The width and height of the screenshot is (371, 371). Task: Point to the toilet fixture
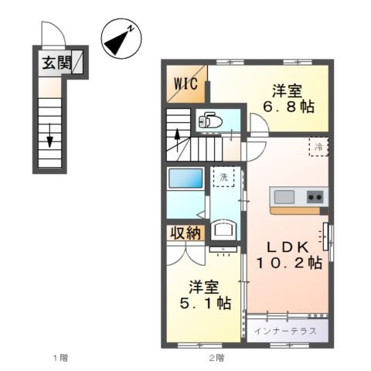(x=210, y=121)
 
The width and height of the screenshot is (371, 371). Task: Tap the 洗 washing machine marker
(x=223, y=177)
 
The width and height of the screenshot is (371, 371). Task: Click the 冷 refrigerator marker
(x=318, y=145)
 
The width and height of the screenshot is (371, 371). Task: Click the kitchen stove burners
(x=315, y=196)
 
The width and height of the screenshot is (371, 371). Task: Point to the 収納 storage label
(x=184, y=233)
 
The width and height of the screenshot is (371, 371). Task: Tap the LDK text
(x=289, y=246)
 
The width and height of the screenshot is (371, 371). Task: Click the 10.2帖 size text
(x=289, y=263)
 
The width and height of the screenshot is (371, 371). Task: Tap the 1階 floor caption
(x=60, y=357)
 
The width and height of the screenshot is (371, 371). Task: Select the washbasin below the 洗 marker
(x=223, y=229)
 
